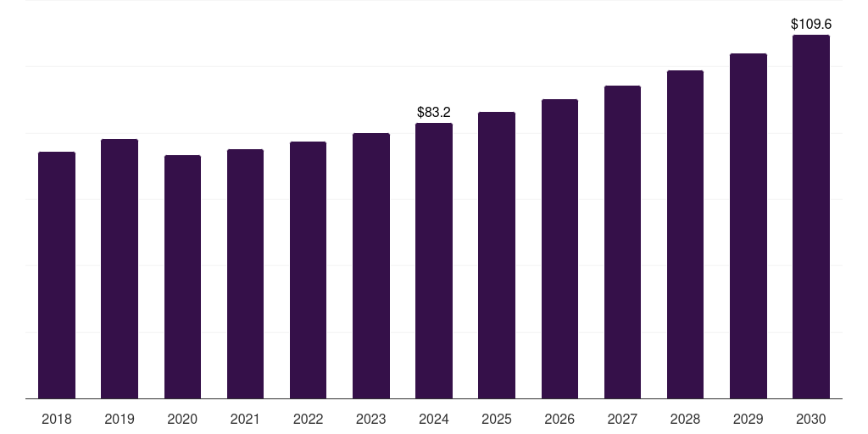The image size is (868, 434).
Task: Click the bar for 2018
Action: tap(57, 275)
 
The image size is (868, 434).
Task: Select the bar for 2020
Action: tap(182, 277)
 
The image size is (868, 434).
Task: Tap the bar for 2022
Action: tap(308, 270)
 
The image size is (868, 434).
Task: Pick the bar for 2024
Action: tap(434, 261)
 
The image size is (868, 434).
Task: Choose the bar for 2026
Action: tap(559, 249)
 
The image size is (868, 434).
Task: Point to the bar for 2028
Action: tap(685, 235)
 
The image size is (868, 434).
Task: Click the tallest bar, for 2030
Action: tap(810, 217)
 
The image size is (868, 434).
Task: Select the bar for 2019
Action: tap(120, 269)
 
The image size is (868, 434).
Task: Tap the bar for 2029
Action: tap(748, 226)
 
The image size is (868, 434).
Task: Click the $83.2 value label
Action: tap(434, 112)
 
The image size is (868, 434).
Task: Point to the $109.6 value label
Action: tap(810, 25)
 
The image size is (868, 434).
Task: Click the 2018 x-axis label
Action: tap(57, 419)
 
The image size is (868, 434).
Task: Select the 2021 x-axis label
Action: tap(245, 419)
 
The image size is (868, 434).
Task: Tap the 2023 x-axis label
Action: tap(370, 419)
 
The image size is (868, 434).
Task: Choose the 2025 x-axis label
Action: tap(497, 419)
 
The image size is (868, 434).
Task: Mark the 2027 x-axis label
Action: tap(622, 419)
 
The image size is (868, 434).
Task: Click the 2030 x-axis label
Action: tap(810, 419)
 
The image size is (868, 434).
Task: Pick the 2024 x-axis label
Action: tap(434, 419)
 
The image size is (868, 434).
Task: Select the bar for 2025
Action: tap(497, 255)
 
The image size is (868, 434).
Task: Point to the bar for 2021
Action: tap(245, 274)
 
